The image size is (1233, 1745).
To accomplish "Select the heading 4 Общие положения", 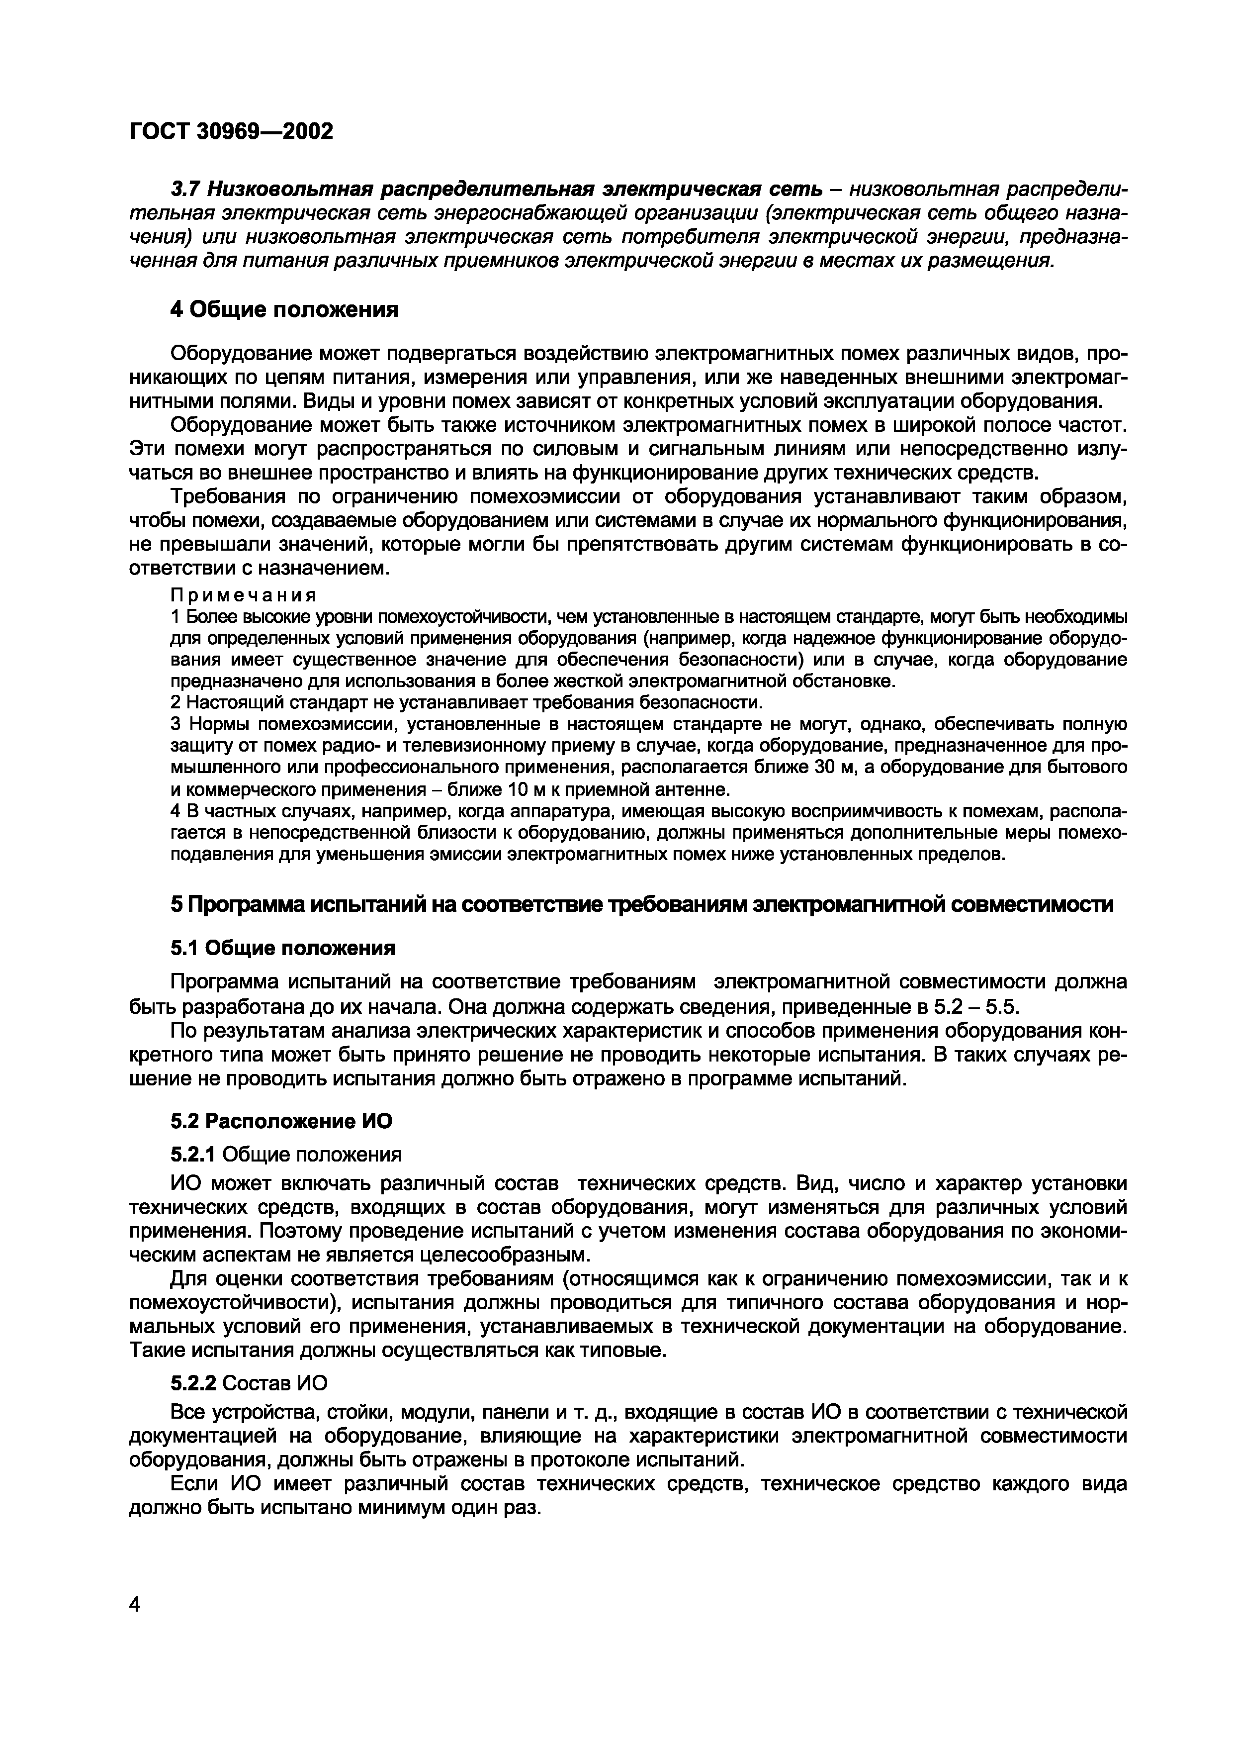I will tap(284, 309).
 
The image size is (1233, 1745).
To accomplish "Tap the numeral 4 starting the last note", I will tap(175, 811).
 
